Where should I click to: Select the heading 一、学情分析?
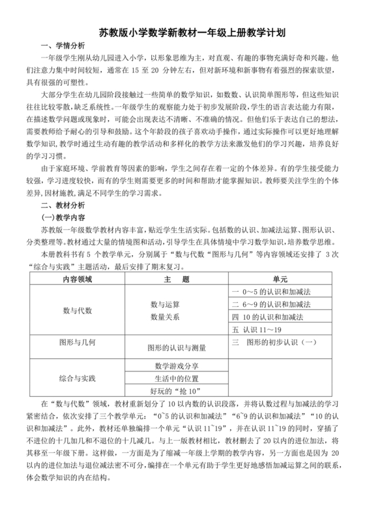pyautogui.click(x=63, y=46)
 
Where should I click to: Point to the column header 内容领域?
pyautogui.click(x=78, y=279)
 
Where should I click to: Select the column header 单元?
pyautogui.click(x=280, y=279)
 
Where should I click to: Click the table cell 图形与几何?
pyautogui.click(x=78, y=341)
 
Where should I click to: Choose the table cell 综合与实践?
pyautogui.click(x=78, y=379)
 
